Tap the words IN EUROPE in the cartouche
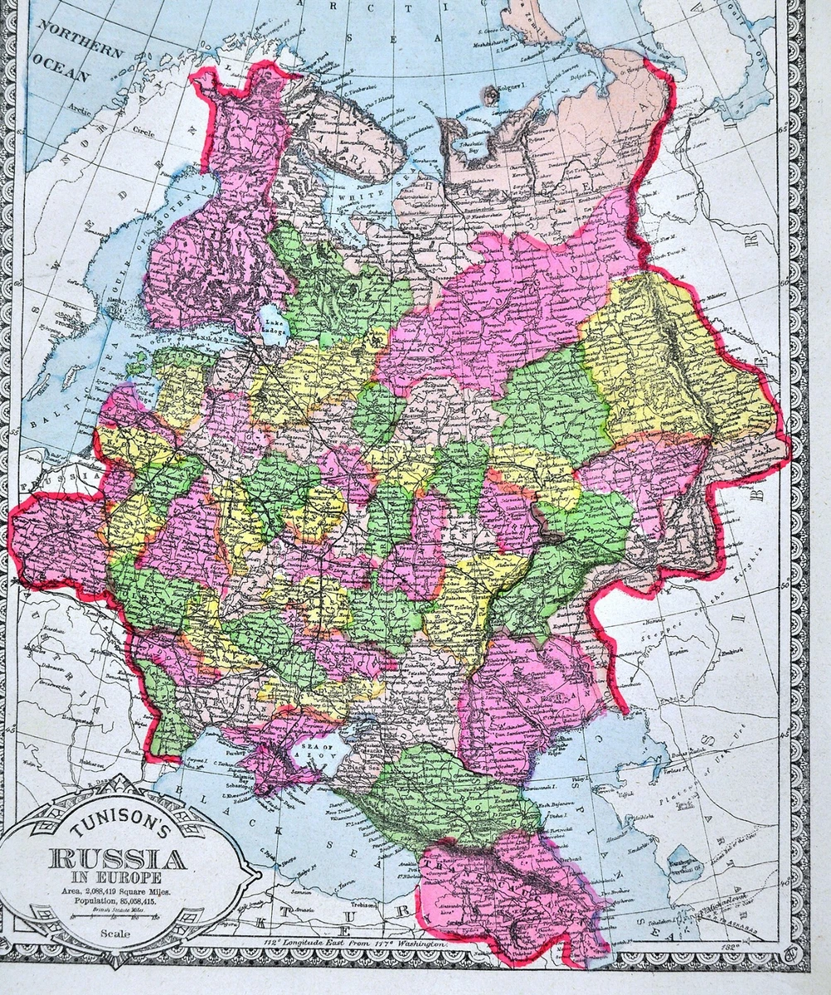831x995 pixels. (119, 876)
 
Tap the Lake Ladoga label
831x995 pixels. (274, 320)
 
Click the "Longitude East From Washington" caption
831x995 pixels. (365, 944)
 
